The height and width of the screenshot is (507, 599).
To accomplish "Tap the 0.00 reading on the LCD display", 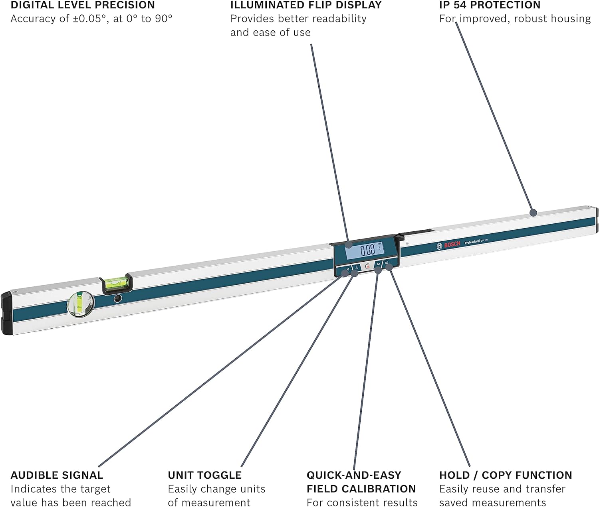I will click(x=368, y=250).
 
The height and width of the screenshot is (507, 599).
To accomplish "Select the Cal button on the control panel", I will click(x=378, y=264).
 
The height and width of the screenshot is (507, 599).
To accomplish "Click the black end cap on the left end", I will click(x=6, y=313).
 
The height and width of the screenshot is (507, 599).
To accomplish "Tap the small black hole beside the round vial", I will click(x=117, y=298).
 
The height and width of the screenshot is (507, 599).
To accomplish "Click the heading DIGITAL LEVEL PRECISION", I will click(x=83, y=5).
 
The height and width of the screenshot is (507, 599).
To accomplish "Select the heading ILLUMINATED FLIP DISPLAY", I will click(x=306, y=5).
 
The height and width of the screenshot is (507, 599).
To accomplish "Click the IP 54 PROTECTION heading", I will click(x=490, y=5).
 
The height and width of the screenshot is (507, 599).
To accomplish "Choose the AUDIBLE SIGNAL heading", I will click(x=57, y=475).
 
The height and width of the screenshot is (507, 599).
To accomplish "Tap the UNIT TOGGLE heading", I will click(x=204, y=475).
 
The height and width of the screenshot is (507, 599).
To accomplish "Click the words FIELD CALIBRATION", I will click(x=361, y=489).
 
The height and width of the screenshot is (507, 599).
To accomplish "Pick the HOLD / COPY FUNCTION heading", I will click(x=506, y=475).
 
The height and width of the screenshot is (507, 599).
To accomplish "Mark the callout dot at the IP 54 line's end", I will click(x=533, y=213).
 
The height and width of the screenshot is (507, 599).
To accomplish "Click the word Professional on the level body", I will click(x=472, y=242).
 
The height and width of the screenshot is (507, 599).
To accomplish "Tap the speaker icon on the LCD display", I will click(x=379, y=248).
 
